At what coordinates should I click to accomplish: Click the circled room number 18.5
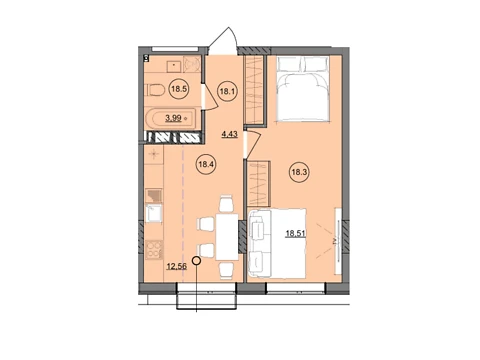(x=179, y=89)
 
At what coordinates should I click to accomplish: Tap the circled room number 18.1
(x=227, y=91)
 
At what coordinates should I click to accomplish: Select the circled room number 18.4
(x=207, y=164)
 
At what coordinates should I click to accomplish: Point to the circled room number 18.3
(x=300, y=173)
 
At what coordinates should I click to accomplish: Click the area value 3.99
(x=174, y=117)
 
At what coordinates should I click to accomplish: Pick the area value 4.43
(x=230, y=134)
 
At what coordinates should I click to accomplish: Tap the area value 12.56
(x=177, y=266)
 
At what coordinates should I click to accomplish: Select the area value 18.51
(x=296, y=233)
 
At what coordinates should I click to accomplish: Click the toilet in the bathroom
(x=155, y=90)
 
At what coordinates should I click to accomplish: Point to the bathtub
(x=170, y=118)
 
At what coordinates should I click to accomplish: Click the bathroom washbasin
(x=174, y=66)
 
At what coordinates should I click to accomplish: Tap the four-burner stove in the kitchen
(x=154, y=250)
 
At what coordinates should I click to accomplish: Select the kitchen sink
(x=154, y=213)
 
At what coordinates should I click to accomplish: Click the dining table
(x=227, y=237)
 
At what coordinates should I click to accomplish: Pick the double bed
(x=303, y=88)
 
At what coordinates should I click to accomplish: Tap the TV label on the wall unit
(x=337, y=240)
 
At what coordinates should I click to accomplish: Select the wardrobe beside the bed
(x=255, y=90)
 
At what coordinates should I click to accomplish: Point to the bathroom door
(x=209, y=97)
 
